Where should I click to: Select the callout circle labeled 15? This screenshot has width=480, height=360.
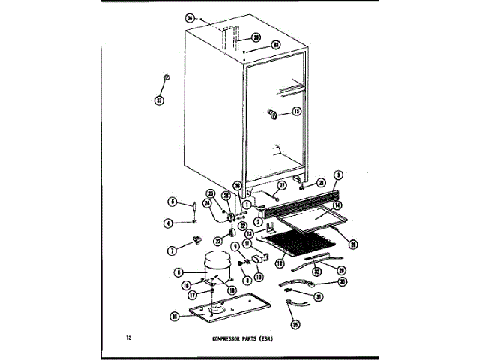[x=296, y=112]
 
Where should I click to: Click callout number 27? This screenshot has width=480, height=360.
[x=283, y=185]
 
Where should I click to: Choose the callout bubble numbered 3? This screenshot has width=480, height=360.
[x=339, y=176]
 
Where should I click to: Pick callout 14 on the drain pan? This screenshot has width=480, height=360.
[x=338, y=205]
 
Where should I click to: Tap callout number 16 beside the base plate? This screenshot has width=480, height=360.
[x=174, y=317]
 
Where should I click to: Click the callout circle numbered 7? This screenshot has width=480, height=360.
[x=172, y=250]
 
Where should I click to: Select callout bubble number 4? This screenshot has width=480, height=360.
[x=169, y=222]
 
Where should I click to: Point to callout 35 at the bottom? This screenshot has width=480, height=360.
[x=295, y=325]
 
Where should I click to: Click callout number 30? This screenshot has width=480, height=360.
[x=343, y=282]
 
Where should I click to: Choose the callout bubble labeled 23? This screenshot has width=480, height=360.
[x=218, y=241]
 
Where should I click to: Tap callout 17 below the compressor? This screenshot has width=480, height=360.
[x=192, y=295]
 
